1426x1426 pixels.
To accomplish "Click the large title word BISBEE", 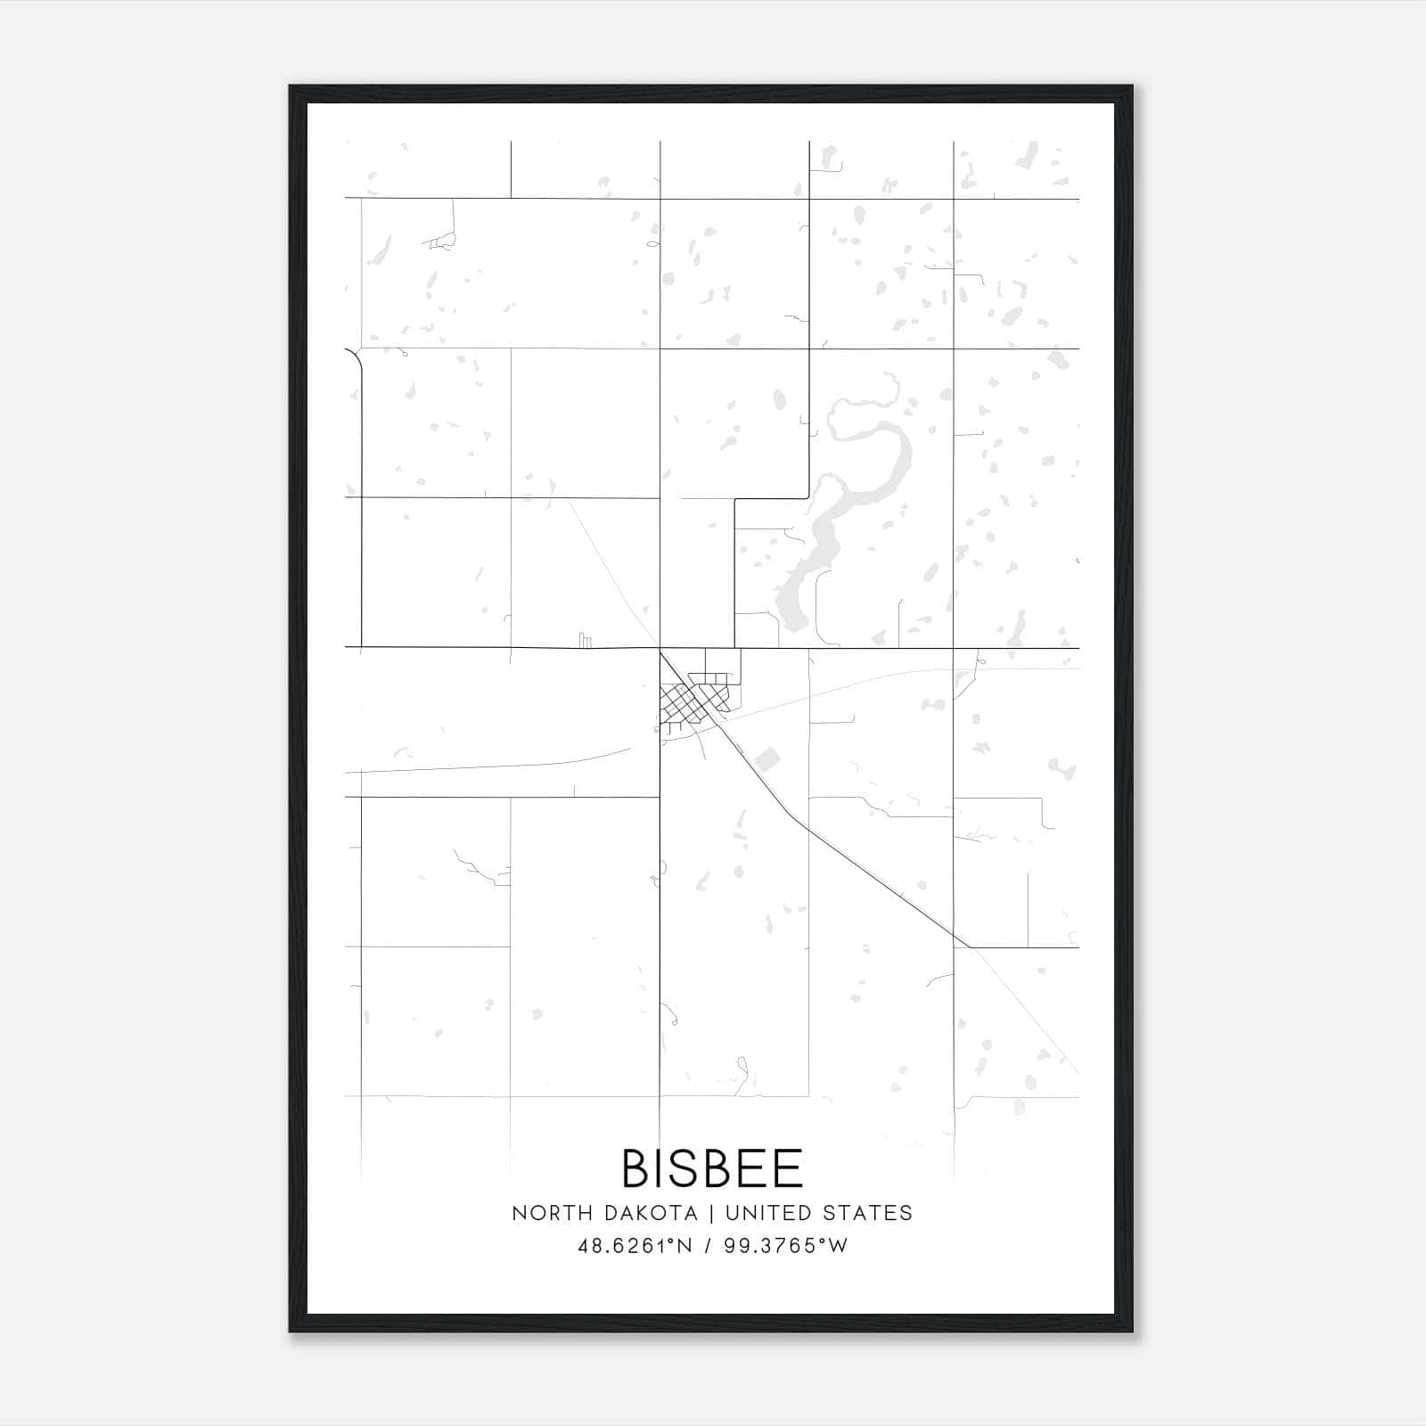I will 712,1168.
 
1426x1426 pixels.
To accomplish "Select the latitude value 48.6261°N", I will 635,1246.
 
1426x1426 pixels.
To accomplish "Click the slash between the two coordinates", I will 709,1246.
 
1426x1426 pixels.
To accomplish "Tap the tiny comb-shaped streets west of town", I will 585,640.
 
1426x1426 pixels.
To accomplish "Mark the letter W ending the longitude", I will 839,1246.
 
